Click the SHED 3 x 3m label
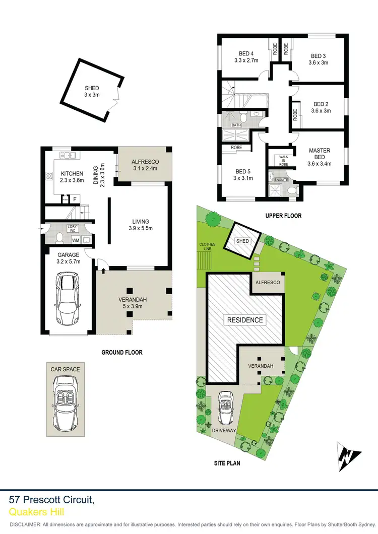pos(92,91)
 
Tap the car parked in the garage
pos(68,299)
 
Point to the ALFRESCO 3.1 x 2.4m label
pos(145,165)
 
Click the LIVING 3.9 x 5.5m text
pos(141,225)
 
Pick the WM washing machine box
pos(76,240)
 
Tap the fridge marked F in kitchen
pos(75,199)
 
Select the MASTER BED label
pos(319,154)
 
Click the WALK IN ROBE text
pos(283,160)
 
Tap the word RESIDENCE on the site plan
pos(245,320)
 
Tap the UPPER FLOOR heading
pos(284,216)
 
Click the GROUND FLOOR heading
pos(122,353)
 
